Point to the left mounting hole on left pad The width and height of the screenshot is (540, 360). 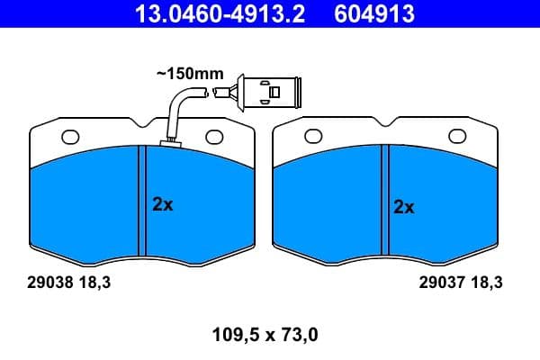70,137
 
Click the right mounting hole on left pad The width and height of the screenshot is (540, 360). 213,137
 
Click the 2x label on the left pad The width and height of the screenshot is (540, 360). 162,204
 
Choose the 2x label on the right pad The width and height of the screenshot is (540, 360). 404,206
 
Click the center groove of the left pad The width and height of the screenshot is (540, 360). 140,200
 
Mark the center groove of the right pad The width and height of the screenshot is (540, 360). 383,200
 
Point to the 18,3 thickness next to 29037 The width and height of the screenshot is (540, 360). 485,282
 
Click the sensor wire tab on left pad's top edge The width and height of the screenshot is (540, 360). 168,142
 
